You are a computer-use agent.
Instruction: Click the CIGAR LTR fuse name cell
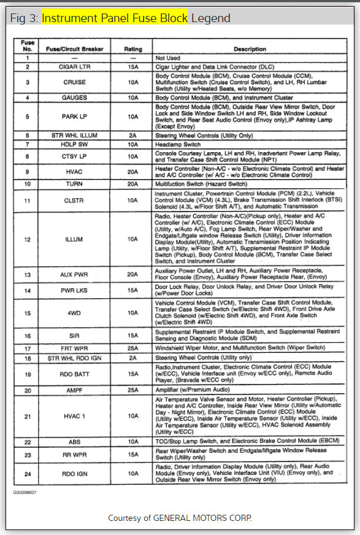(74, 66)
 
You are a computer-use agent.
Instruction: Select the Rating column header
(133, 49)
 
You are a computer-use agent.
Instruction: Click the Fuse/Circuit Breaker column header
(74, 49)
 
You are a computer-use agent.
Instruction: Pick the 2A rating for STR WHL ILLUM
(133, 135)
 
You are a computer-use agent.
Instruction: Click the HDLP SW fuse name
(74, 144)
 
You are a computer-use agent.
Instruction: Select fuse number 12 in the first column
(28, 239)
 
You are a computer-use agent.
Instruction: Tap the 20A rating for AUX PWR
(133, 275)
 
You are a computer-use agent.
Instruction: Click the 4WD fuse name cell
(74, 312)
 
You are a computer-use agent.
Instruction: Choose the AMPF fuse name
(74, 390)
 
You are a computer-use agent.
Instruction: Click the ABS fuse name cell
(74, 442)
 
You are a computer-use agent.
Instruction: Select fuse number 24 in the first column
(28, 473)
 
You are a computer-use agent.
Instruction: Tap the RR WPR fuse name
(74, 455)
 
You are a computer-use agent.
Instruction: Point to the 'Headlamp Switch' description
(178, 144)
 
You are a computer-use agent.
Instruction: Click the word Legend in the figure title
(211, 18)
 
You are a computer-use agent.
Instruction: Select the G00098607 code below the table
(25, 492)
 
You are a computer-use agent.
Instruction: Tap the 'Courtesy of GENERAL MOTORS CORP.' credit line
(180, 518)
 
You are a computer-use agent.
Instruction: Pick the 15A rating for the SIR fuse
(133, 336)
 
